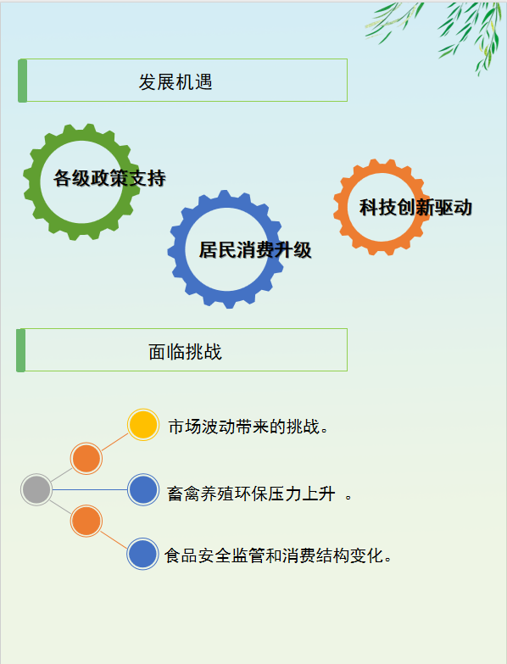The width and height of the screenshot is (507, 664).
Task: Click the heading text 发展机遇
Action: coord(175,81)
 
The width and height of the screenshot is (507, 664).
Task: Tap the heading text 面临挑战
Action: coord(185,351)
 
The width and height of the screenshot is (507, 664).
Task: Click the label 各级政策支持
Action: coord(109,178)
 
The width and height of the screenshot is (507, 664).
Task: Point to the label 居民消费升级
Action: coord(255,250)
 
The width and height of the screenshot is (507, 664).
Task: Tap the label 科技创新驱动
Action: coord(415,208)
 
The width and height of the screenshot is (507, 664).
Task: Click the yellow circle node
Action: coord(143,424)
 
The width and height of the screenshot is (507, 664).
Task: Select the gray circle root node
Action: coord(36,489)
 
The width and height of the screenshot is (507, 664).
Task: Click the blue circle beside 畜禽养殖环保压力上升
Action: coord(143,489)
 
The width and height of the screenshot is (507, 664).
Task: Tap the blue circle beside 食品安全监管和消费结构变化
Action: coord(142,554)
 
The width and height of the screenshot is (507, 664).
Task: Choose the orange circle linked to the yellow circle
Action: coord(86,458)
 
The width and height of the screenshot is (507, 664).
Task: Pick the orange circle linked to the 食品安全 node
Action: coord(86,521)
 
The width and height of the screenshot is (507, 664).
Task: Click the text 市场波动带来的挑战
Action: coord(248,427)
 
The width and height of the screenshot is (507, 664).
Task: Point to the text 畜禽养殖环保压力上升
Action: coord(252,494)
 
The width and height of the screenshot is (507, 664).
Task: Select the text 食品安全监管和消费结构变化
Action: coord(278,555)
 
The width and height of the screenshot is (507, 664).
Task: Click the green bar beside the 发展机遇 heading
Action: coord(22,81)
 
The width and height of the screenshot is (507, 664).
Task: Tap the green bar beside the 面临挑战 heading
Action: coord(20,350)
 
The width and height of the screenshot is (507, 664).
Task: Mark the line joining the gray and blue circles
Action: coord(90,489)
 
